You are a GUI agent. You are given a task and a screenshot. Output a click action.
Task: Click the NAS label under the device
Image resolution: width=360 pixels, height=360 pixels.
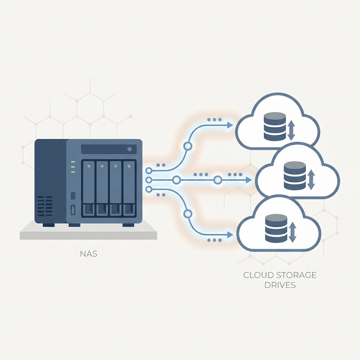coord(89,254)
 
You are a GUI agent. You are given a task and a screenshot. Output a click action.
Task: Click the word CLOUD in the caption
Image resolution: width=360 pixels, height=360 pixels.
coord(258,275)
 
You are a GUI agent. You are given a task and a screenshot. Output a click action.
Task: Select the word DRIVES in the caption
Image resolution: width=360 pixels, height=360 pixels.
coord(280,285)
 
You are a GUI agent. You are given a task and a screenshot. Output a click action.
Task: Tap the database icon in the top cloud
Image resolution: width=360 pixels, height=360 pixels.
coord(274,127)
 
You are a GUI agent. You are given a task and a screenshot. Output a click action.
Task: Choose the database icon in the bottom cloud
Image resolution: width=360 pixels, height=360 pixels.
coord(275,228)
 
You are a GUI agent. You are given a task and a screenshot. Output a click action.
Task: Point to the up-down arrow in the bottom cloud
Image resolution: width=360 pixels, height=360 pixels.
coord(292,231)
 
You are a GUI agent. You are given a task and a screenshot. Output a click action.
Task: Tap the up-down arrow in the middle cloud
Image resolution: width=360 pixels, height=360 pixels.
coord(311,179)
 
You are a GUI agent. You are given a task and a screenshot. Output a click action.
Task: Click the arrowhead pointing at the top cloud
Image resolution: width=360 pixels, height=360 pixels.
coord(230,125)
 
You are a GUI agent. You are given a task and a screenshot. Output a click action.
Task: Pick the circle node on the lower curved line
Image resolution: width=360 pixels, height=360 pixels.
coord(188,213)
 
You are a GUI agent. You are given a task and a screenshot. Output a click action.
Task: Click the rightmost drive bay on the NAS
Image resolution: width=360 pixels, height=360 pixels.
coord(129,188)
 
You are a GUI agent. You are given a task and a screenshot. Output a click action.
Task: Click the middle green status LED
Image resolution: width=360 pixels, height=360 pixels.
coord(73,167)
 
